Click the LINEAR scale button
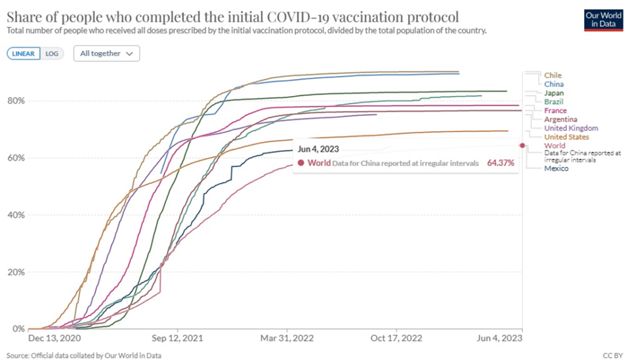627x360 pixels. pyautogui.click(x=24, y=53)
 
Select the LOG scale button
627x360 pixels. pyautogui.click(x=52, y=53)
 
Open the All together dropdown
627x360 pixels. pyautogui.click(x=106, y=53)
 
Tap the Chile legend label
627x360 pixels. pyautogui.click(x=552, y=75)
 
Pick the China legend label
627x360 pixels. pyautogui.click(x=554, y=84)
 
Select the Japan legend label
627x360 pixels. pyautogui.click(x=554, y=93)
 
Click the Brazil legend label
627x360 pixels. pyautogui.click(x=554, y=102)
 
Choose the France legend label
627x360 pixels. pyautogui.click(x=555, y=111)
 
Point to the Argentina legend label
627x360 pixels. pyautogui.click(x=560, y=119)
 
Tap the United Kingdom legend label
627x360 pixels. pyautogui.click(x=571, y=129)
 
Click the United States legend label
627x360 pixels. pyautogui.click(x=566, y=137)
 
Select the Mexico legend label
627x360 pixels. pyautogui.click(x=556, y=168)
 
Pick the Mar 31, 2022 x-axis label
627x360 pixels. pyautogui.click(x=288, y=337)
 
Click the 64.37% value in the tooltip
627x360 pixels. pyautogui.click(x=500, y=163)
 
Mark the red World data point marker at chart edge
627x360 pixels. pyautogui.click(x=522, y=145)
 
